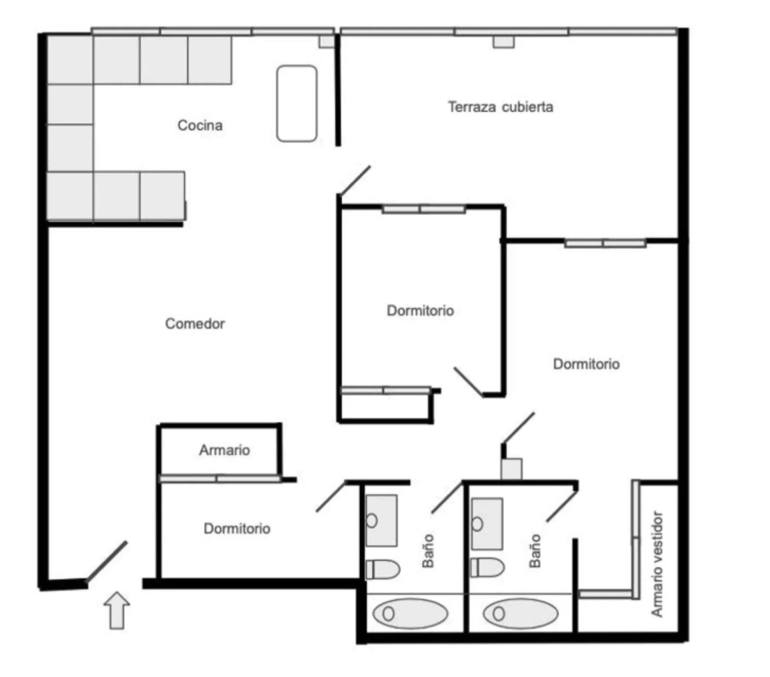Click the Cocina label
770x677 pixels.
point(200,125)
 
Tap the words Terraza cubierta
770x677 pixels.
point(500,107)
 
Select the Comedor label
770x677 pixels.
point(195,323)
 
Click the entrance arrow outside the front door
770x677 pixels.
point(117,610)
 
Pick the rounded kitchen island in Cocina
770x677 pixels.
point(296,103)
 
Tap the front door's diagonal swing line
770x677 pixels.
point(107,561)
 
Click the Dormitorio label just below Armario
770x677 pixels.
point(237,529)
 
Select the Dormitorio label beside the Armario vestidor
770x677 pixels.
point(586,364)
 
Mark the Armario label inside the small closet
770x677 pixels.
point(224,450)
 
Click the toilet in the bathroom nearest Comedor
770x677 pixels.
point(382,569)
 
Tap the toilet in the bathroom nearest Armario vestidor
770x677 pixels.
point(487,567)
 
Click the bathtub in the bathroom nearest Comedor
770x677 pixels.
point(410,613)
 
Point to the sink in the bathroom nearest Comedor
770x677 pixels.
point(381,520)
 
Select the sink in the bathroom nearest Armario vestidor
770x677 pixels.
point(486,524)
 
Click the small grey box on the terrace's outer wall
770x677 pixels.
point(504,41)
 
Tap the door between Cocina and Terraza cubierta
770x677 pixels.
point(354,181)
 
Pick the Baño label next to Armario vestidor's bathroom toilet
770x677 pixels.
point(535,551)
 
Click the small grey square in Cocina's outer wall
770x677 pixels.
point(327,41)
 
